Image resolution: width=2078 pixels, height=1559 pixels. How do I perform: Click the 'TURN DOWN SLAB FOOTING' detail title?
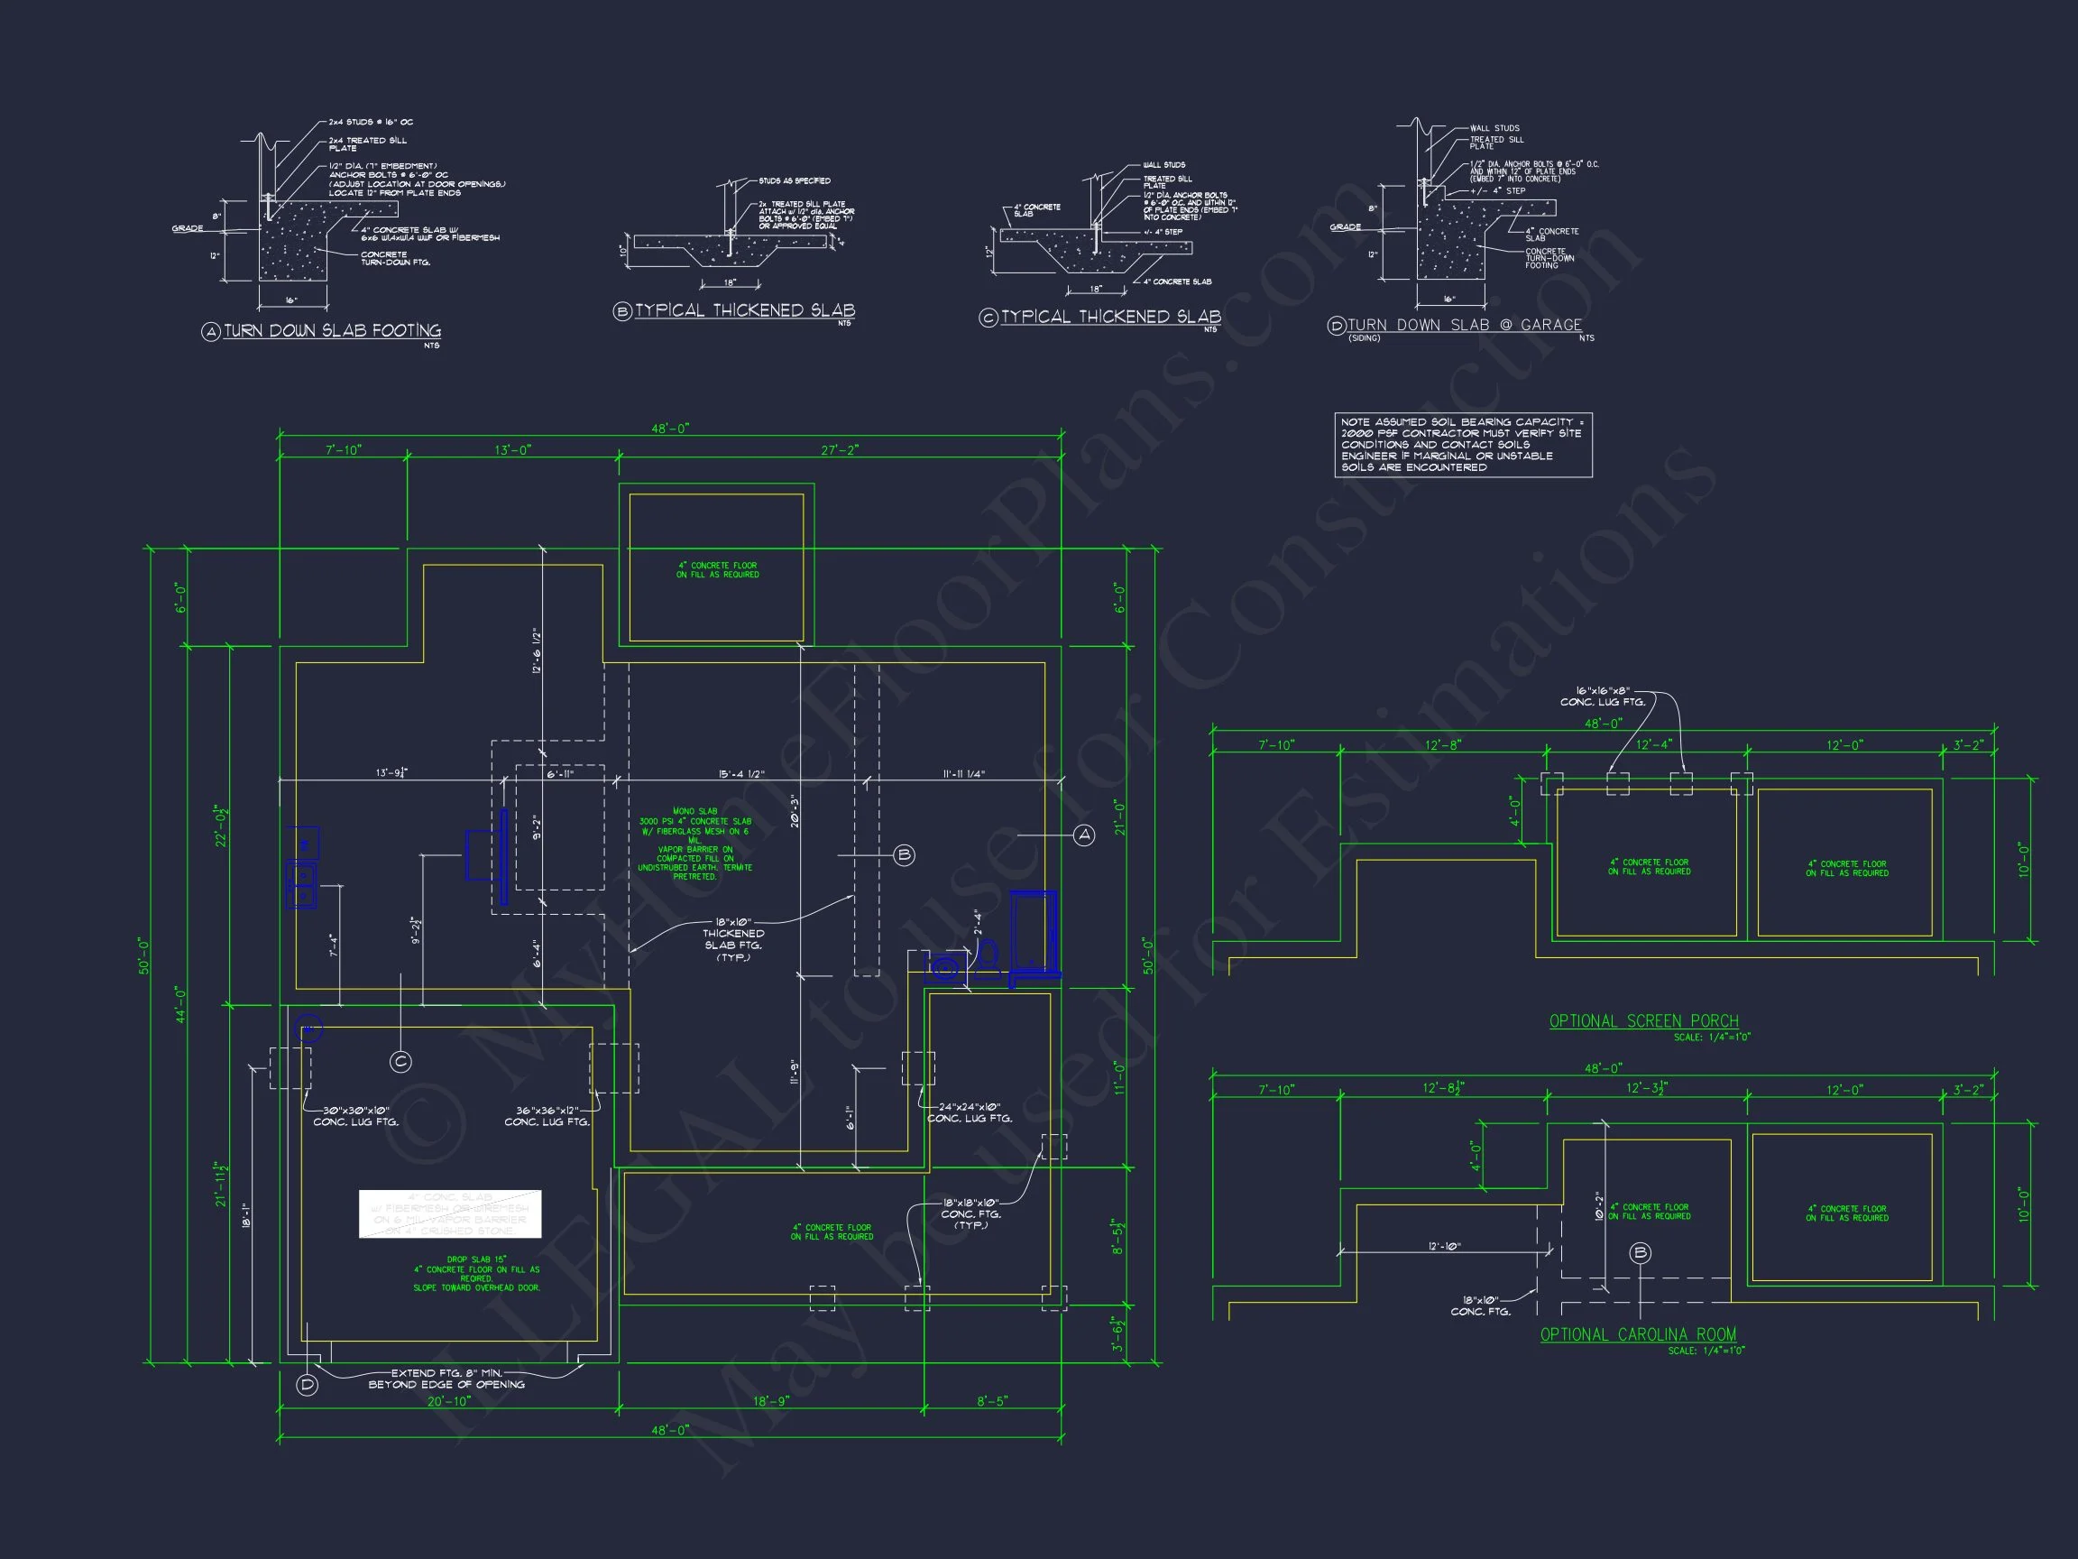point(332,331)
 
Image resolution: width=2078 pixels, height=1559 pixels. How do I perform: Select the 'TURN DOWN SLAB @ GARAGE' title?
point(1465,325)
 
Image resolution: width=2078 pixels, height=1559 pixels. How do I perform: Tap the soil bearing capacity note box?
point(1463,445)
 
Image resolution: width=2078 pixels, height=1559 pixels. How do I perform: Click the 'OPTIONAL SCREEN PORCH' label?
point(1643,1020)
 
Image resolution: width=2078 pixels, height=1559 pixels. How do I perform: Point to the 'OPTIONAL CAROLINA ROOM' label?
point(1637,1334)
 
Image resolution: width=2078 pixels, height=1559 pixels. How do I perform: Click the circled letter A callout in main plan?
point(1084,835)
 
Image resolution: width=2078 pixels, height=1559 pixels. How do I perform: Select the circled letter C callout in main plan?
point(400,1062)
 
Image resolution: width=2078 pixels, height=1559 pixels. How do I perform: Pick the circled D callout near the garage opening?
point(308,1384)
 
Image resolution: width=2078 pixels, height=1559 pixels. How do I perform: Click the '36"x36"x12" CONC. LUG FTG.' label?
point(547,1116)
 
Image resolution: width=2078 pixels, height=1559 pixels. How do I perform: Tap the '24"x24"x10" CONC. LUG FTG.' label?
point(970,1112)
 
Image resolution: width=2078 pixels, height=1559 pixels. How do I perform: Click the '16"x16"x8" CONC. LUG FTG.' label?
point(1603,696)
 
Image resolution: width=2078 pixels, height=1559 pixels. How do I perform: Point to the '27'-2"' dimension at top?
point(839,450)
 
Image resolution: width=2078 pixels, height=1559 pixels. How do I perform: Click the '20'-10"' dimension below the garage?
point(449,1401)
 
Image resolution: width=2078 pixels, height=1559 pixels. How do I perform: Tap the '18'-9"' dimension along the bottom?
point(770,1401)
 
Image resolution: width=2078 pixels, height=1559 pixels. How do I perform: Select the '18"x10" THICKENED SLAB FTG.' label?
point(732,940)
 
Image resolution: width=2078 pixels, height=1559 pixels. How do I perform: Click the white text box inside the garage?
point(450,1213)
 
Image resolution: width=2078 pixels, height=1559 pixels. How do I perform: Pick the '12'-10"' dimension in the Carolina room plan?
point(1445,1246)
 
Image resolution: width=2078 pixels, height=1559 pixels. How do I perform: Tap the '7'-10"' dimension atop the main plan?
point(343,450)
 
